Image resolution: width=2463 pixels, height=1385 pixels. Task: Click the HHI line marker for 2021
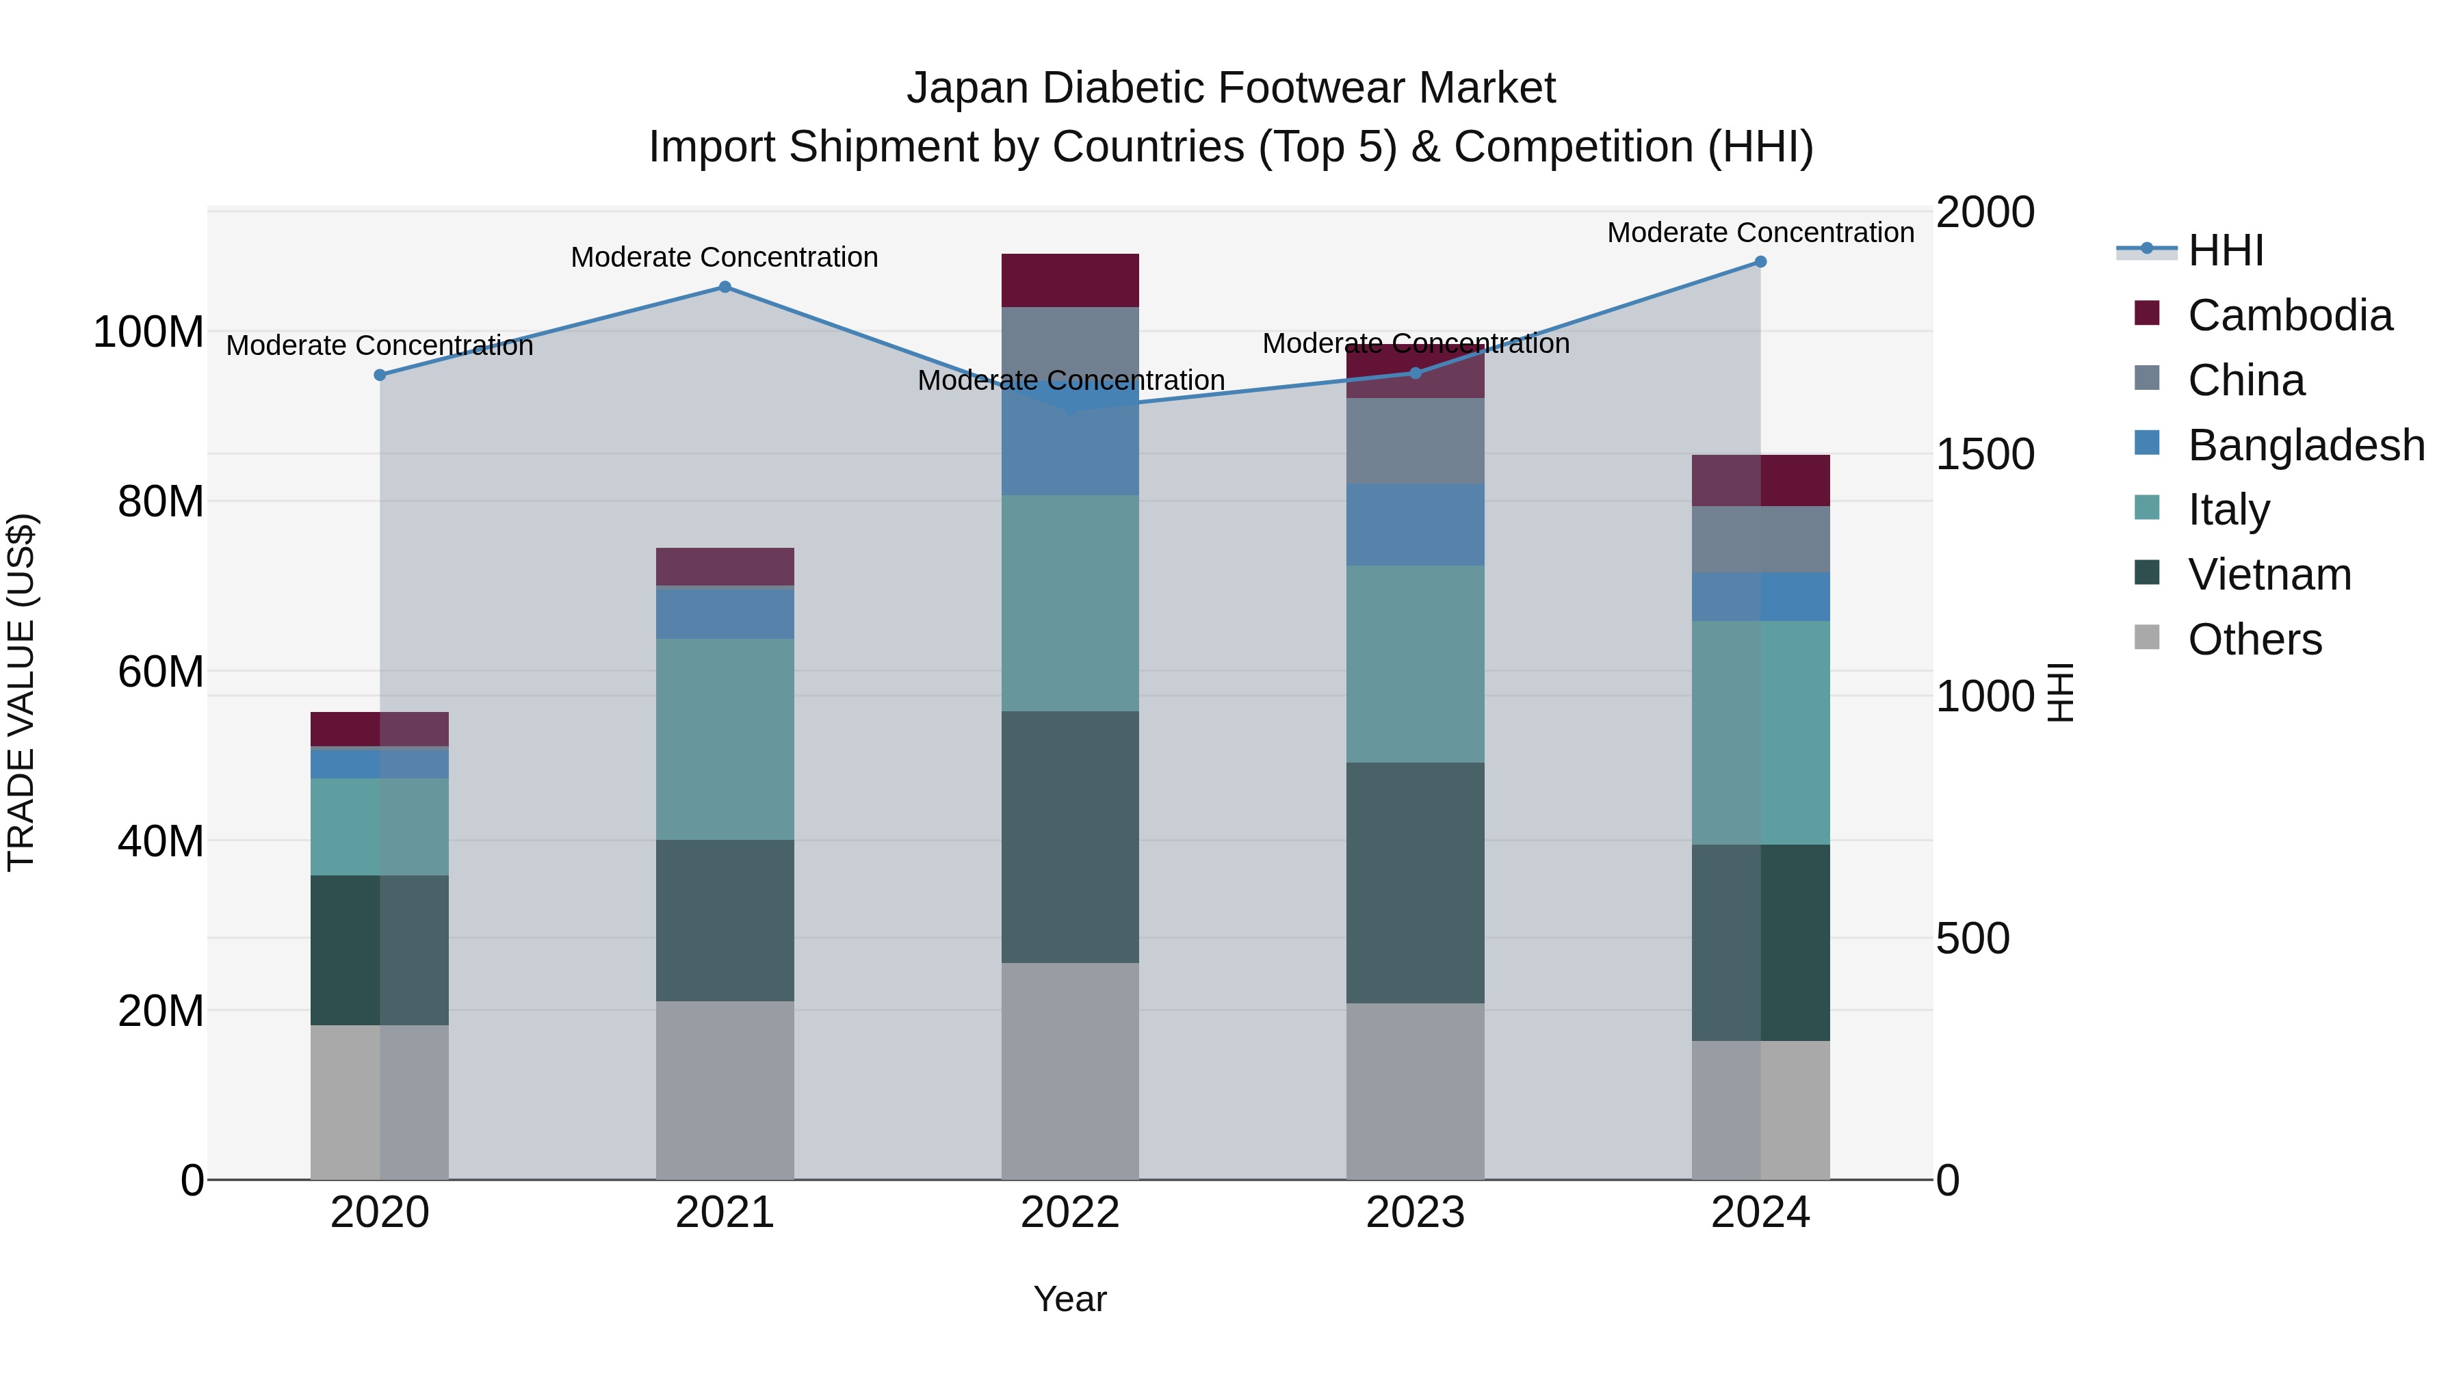pos(725,287)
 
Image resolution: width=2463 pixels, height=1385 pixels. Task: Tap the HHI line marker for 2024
pos(1760,262)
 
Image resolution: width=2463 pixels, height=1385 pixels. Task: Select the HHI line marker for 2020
pos(380,375)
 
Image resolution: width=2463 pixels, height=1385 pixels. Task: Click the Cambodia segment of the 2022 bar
pos(1070,280)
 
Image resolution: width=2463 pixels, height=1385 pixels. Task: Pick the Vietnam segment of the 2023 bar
pos(1415,882)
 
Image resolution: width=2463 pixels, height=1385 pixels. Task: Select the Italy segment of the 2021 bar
pos(725,739)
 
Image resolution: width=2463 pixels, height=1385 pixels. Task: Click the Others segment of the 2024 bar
pos(1760,1110)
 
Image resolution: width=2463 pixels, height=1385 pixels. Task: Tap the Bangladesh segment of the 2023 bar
pos(1415,524)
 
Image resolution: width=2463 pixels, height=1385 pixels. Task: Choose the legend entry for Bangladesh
pos(2305,445)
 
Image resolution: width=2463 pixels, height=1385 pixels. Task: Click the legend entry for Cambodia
pos(2289,315)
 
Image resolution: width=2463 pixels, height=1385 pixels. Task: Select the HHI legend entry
pos(2225,250)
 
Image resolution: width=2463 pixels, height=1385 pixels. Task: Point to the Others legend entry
pos(2254,639)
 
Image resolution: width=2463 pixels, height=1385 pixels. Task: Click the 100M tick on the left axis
pos(148,332)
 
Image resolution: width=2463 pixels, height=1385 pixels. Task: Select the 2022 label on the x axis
pos(1070,1213)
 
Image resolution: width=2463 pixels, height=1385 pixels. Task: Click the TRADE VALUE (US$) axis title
pos(21,692)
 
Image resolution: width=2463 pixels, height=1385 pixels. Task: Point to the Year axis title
pos(1070,1299)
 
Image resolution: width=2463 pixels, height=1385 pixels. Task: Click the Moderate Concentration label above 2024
pos(1760,233)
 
